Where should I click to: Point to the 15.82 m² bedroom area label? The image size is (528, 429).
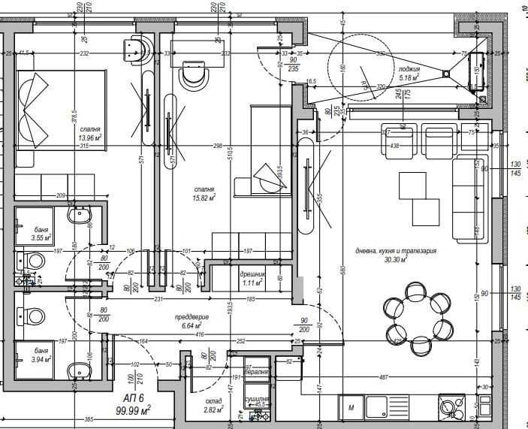click(204, 198)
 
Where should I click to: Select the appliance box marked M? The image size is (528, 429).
click(351, 409)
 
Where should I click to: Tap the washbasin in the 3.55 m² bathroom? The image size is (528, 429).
click(79, 217)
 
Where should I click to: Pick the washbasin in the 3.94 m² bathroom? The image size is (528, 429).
click(78, 370)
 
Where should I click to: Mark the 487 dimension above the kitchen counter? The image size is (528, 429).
click(383, 377)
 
